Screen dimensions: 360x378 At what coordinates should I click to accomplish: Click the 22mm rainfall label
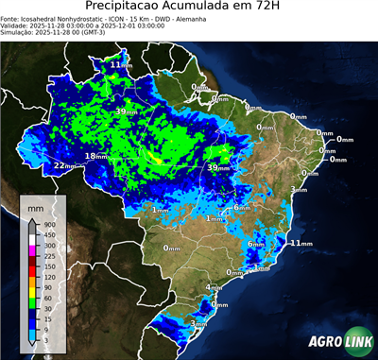64,165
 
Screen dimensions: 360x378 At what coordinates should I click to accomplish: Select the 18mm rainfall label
96,156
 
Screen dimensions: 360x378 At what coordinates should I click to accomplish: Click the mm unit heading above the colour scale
35,205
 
